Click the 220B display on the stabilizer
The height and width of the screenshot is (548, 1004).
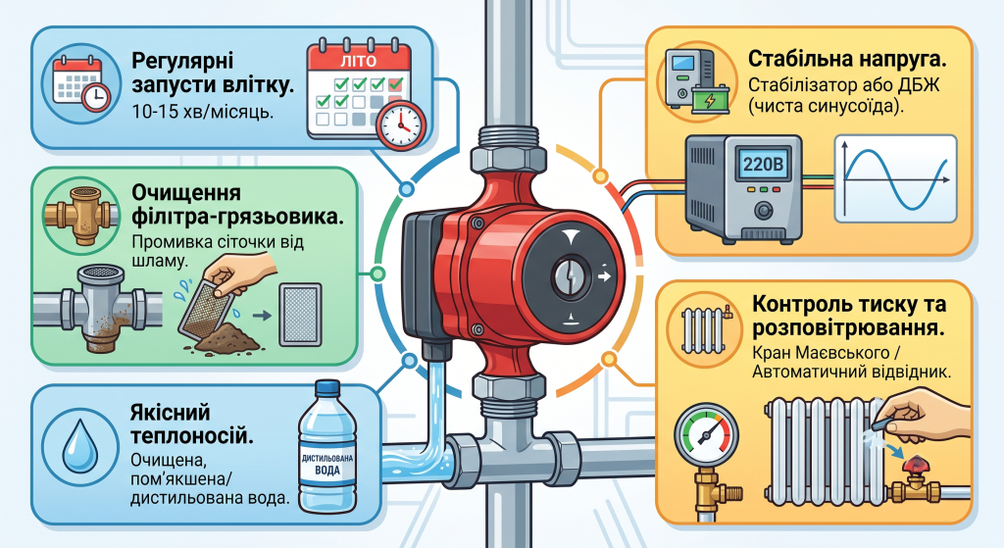(x=763, y=166)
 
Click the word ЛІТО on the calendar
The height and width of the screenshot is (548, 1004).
(x=359, y=62)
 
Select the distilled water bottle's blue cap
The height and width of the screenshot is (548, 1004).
(x=327, y=388)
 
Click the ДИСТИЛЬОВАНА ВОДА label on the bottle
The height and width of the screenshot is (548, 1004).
(x=327, y=464)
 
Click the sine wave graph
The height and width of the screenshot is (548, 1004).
(x=896, y=178)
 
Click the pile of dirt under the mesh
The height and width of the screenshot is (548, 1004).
(x=227, y=337)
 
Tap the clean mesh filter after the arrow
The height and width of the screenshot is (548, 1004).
(x=299, y=316)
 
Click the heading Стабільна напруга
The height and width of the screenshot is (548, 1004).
(x=847, y=60)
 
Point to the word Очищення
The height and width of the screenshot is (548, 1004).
(x=177, y=193)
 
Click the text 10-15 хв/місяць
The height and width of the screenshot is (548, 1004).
(x=202, y=112)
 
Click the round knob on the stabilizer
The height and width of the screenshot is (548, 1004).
(x=763, y=210)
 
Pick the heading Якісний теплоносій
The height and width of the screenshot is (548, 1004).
(x=191, y=423)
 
